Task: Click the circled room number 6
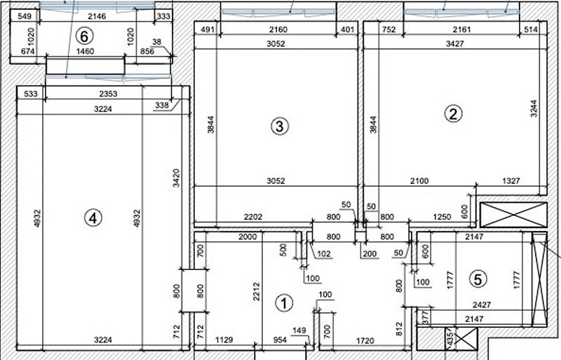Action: (84, 36)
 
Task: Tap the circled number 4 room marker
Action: (93, 218)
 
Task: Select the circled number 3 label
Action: (279, 126)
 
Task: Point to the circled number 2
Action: (453, 114)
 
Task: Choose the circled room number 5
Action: (478, 279)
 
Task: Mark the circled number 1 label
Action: (284, 303)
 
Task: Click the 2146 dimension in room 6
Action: (97, 16)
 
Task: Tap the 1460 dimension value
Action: (85, 51)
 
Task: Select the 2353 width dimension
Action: (108, 94)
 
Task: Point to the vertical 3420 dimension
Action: (176, 178)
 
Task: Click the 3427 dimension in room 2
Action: (454, 44)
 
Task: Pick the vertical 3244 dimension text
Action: (534, 109)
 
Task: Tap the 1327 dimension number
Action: (511, 181)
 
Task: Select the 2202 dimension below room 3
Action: (253, 217)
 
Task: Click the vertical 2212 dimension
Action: (256, 292)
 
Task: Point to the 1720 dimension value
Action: (365, 340)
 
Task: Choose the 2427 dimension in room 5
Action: (482, 305)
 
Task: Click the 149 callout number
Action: (299, 331)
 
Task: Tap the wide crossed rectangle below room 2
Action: (513, 215)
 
